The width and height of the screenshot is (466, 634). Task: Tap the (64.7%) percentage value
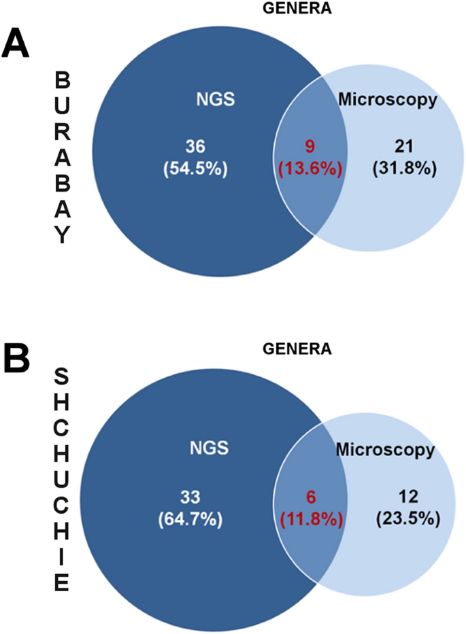coord(190,519)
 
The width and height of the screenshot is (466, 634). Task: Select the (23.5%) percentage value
coord(407,519)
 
